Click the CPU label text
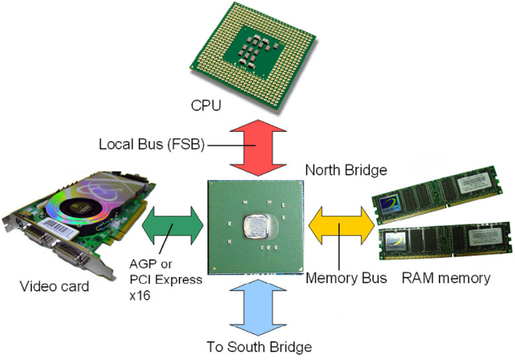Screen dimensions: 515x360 pos(206,105)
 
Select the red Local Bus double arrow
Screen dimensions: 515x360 pos(258,147)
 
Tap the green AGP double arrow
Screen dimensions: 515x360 pos(172,226)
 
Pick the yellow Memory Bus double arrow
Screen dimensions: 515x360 pos(342,226)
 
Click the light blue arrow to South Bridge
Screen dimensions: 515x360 pos(258,307)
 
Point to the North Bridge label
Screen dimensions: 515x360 pos(346,170)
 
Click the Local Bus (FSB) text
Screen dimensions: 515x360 pos(152,144)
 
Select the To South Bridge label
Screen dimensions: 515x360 pos(259,347)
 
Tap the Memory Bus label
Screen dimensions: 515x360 pos(346,278)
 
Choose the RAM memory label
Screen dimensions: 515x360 pos(446,278)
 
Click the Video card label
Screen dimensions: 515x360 pos(55,286)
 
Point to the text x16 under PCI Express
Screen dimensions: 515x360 pos(140,296)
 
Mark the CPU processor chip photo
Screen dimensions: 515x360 pos(253,56)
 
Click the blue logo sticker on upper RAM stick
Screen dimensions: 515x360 pos(390,203)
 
